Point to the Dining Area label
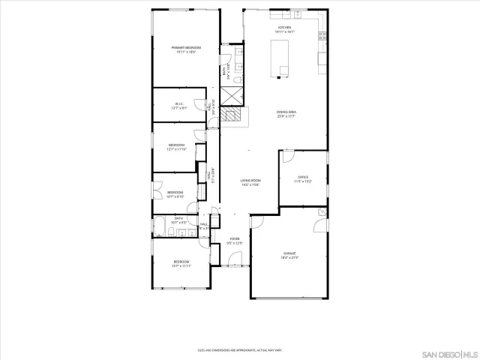coord(286,114)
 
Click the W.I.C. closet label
coord(179,106)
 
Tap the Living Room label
coord(250,182)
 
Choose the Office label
coord(303,179)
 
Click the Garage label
coord(289,256)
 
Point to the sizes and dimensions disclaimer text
coord(239,349)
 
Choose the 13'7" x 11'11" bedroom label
coord(181,263)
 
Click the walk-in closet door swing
coord(204,105)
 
